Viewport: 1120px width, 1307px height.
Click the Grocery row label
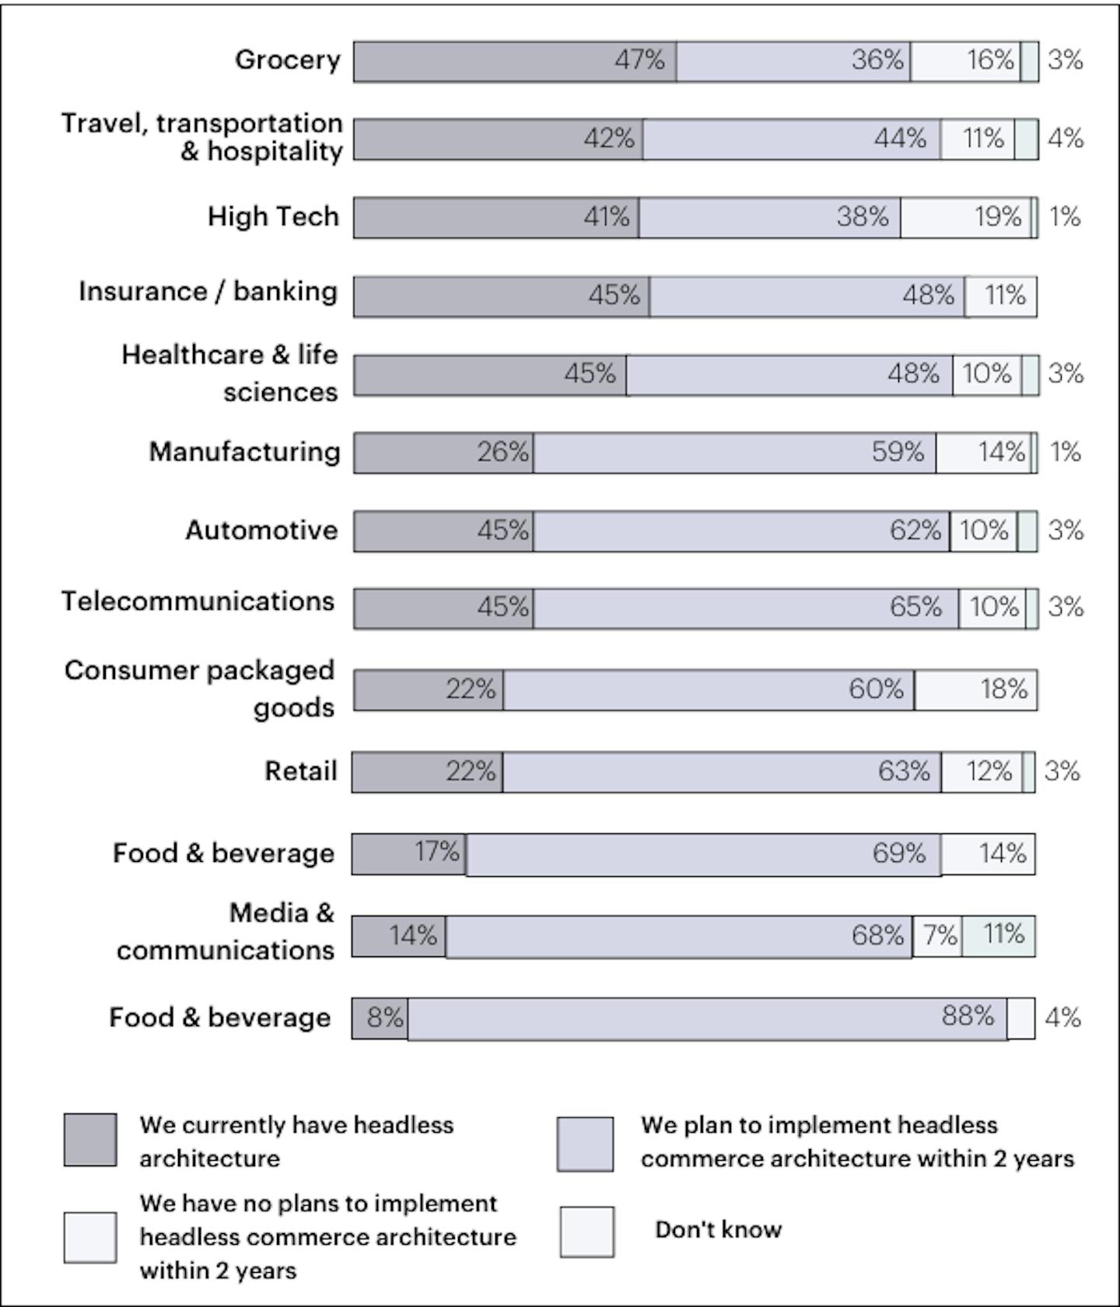point(288,60)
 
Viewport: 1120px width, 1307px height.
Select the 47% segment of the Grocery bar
point(515,61)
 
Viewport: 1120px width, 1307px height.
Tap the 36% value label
point(877,60)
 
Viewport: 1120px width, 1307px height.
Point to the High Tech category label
point(273,216)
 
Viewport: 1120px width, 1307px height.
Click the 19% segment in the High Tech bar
point(966,217)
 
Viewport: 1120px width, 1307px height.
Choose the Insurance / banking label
point(208,292)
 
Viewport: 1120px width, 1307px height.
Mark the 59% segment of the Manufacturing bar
point(734,453)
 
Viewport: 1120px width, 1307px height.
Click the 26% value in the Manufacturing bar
point(502,452)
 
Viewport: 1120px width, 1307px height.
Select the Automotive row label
point(261,531)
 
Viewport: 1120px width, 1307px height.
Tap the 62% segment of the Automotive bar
point(740,531)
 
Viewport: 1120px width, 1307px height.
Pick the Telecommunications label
point(198,601)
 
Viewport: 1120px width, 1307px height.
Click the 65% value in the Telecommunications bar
point(915,607)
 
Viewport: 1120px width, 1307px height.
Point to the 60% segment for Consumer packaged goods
point(708,690)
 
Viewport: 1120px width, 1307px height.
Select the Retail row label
point(301,772)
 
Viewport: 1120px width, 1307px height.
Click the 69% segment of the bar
point(703,854)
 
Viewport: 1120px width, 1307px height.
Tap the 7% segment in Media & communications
point(937,936)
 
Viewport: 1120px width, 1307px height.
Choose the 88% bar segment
point(707,1018)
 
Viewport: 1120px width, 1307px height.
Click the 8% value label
point(385,1018)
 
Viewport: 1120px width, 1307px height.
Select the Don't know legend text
point(718,1230)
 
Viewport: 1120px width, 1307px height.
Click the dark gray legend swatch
point(90,1140)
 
